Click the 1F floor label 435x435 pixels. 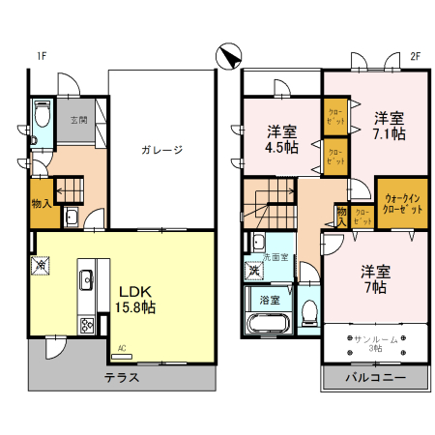pyautogui.click(x=42, y=56)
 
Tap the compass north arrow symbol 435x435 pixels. pyautogui.click(x=230, y=59)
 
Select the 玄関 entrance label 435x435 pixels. pyautogui.click(x=78, y=121)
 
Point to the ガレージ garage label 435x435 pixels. pyautogui.click(x=161, y=150)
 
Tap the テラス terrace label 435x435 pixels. pyautogui.click(x=122, y=377)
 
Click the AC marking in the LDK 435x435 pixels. pyautogui.click(x=122, y=348)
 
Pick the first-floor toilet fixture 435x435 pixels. pyautogui.click(x=41, y=118)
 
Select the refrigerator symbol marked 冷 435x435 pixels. pyautogui.click(x=42, y=263)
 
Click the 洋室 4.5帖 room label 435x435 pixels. pyautogui.click(x=281, y=139)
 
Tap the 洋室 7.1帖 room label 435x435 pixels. pyautogui.click(x=390, y=126)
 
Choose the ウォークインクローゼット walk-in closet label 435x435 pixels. pyautogui.click(x=401, y=205)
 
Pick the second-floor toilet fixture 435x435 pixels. pyautogui.click(x=306, y=312)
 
